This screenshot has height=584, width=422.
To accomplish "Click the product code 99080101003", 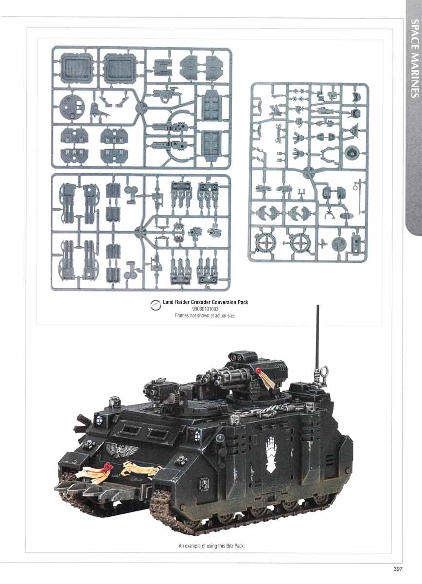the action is tap(205, 309).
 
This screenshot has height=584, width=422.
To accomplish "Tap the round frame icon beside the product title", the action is tap(156, 305).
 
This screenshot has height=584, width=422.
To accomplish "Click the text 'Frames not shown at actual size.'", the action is tap(205, 315).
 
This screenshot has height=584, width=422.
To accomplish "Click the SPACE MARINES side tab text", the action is tap(415, 58).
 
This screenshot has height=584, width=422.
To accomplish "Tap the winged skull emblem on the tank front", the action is tap(122, 450).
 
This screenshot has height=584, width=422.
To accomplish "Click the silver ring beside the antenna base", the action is tap(325, 371).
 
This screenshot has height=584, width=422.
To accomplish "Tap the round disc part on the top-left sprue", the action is tap(72, 108).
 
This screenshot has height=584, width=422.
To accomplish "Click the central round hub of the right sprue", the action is tap(309, 172).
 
